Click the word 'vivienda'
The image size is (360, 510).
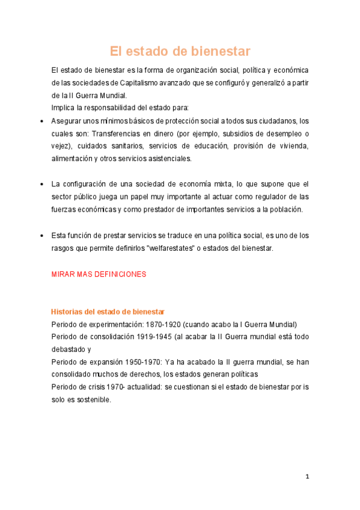(x=291, y=146)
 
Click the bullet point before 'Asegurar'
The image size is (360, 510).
(x=40, y=121)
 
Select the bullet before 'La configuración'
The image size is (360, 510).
(x=40, y=184)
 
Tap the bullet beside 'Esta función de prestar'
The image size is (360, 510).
(x=40, y=235)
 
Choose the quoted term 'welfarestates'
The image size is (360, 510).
(x=166, y=248)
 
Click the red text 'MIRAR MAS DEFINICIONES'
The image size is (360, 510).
(x=99, y=274)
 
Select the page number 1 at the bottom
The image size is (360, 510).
(x=307, y=477)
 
